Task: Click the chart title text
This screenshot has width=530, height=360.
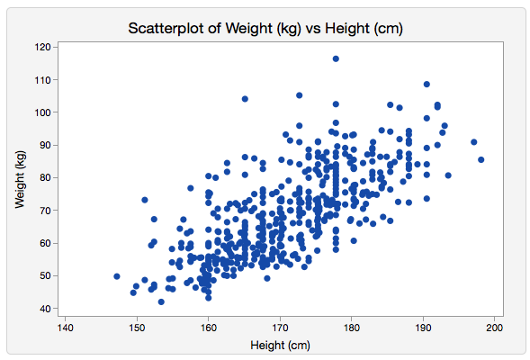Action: [265, 29]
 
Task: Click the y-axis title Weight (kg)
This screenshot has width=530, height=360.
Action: [20, 179]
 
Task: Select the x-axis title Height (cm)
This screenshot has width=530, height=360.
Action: [280, 345]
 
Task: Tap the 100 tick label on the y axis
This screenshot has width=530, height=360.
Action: [42, 112]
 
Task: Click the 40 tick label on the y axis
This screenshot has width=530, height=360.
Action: [45, 309]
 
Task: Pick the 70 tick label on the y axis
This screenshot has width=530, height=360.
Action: [45, 211]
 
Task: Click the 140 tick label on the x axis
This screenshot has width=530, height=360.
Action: [65, 328]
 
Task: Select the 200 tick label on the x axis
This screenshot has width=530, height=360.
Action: [495, 328]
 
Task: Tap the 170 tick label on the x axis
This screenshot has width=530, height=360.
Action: [280, 328]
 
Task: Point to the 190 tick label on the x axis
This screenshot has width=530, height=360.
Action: [423, 328]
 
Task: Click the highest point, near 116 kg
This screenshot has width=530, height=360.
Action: [336, 58]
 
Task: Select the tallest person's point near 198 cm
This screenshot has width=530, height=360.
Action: [481, 159]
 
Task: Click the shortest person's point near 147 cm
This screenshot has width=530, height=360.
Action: [117, 276]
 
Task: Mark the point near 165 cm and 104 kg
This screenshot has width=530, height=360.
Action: [245, 99]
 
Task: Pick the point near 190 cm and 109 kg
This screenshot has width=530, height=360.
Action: [427, 85]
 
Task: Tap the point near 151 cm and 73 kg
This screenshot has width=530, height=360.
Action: [145, 200]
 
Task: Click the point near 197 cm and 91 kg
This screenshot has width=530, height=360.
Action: [474, 142]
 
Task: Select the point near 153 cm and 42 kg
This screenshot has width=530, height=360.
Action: [161, 301]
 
